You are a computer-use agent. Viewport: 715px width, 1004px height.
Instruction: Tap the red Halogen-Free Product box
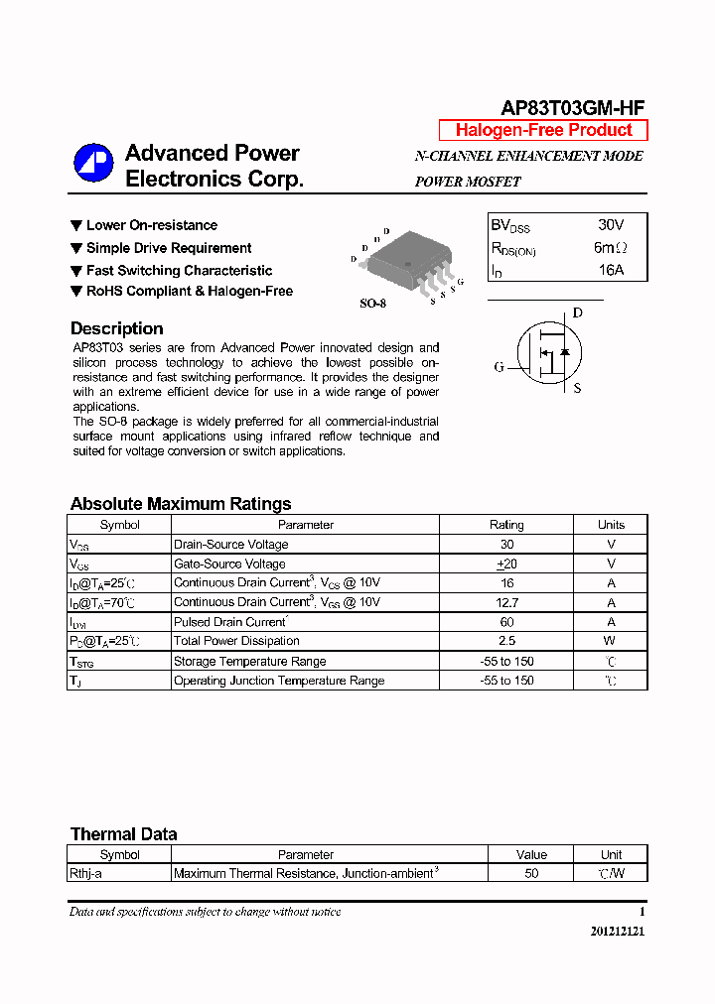(x=543, y=130)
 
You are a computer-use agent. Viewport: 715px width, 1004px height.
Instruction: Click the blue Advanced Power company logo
(x=94, y=165)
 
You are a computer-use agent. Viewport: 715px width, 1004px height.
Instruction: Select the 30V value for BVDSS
(x=611, y=225)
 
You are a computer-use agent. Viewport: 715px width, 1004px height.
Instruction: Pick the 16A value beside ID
(x=611, y=270)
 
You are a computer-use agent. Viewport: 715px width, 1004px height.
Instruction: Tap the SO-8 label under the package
(x=372, y=304)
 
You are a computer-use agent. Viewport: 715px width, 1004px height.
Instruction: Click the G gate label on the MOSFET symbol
(x=500, y=367)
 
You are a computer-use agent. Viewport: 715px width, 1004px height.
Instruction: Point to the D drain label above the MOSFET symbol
(x=577, y=314)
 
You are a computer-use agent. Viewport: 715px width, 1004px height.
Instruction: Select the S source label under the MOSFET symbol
(x=577, y=388)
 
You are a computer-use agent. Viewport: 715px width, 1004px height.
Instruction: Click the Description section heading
(x=116, y=329)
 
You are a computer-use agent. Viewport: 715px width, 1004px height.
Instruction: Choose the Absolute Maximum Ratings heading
(x=181, y=504)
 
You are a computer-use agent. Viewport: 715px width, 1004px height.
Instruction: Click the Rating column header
(x=506, y=525)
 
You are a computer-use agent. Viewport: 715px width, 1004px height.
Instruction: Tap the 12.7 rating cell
(x=506, y=602)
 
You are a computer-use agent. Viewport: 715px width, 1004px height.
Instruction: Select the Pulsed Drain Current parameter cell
(x=230, y=622)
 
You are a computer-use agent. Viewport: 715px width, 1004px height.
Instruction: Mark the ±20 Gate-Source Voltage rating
(x=506, y=564)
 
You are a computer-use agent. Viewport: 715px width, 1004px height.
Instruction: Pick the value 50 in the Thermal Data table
(x=531, y=874)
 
